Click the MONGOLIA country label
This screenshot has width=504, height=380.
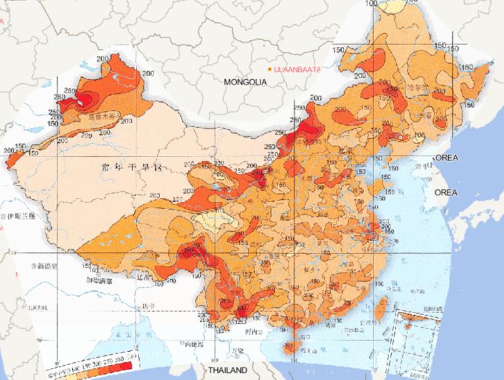(x=245, y=83)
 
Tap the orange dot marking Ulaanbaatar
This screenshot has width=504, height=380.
(x=270, y=69)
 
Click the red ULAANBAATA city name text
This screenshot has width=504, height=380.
(x=298, y=69)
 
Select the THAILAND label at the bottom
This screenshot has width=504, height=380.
(x=225, y=370)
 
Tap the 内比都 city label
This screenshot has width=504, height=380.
(x=195, y=343)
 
